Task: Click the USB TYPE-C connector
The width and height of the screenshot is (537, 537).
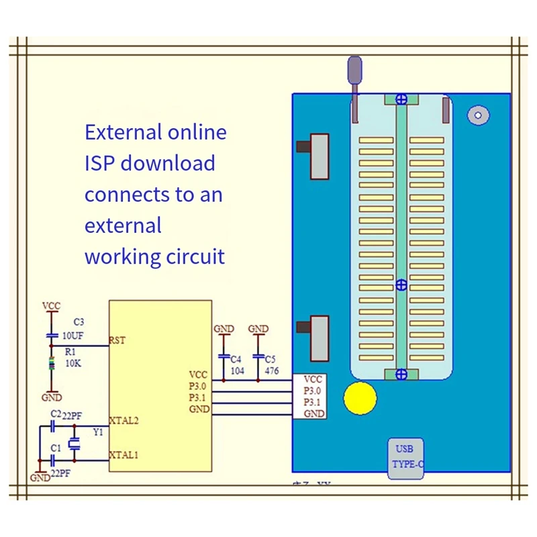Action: point(406,458)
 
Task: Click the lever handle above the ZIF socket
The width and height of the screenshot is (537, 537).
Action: point(354,70)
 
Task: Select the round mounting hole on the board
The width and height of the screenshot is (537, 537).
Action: point(478,115)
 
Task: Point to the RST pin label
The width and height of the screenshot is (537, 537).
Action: point(117,340)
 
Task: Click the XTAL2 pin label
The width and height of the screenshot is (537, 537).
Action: point(125,420)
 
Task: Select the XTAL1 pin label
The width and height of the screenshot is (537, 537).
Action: point(125,455)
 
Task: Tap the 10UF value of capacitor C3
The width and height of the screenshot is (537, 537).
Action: point(72,335)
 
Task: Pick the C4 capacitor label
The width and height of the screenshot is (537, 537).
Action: point(236,359)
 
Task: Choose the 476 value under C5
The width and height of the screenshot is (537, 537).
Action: point(271,371)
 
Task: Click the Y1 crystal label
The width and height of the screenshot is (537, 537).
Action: point(98,432)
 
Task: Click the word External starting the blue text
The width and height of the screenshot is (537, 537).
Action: point(124,132)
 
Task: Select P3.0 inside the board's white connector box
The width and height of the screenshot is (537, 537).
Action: point(313,391)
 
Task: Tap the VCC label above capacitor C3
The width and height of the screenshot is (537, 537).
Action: point(52,306)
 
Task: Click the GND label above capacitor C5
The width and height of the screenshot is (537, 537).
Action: point(258,329)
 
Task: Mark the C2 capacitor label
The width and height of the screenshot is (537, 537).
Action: point(56,415)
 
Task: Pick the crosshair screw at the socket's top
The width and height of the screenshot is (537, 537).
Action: point(401,99)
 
